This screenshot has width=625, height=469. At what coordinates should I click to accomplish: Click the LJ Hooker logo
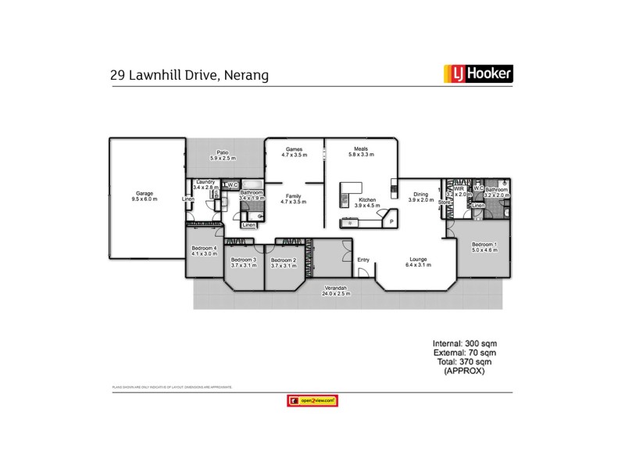click(478, 75)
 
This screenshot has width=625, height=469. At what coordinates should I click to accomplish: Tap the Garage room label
click(145, 193)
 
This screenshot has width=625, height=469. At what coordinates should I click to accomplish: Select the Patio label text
click(223, 154)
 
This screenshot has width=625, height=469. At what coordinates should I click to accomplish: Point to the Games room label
click(295, 149)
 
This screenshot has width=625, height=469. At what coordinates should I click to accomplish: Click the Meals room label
click(361, 149)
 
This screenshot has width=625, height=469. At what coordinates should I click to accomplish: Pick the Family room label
click(295, 196)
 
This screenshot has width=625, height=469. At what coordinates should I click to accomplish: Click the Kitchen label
click(367, 200)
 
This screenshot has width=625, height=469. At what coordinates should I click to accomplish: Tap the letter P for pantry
click(382, 221)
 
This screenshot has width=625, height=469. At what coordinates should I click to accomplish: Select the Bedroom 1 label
click(484, 245)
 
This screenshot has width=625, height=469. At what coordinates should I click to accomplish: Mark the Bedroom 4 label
click(204, 249)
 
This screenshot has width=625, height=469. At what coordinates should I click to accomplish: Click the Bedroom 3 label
click(244, 260)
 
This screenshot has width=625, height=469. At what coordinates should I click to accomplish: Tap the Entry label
click(363, 260)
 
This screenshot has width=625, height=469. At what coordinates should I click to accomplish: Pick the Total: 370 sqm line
click(465, 362)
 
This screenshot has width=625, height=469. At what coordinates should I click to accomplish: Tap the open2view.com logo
click(312, 401)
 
